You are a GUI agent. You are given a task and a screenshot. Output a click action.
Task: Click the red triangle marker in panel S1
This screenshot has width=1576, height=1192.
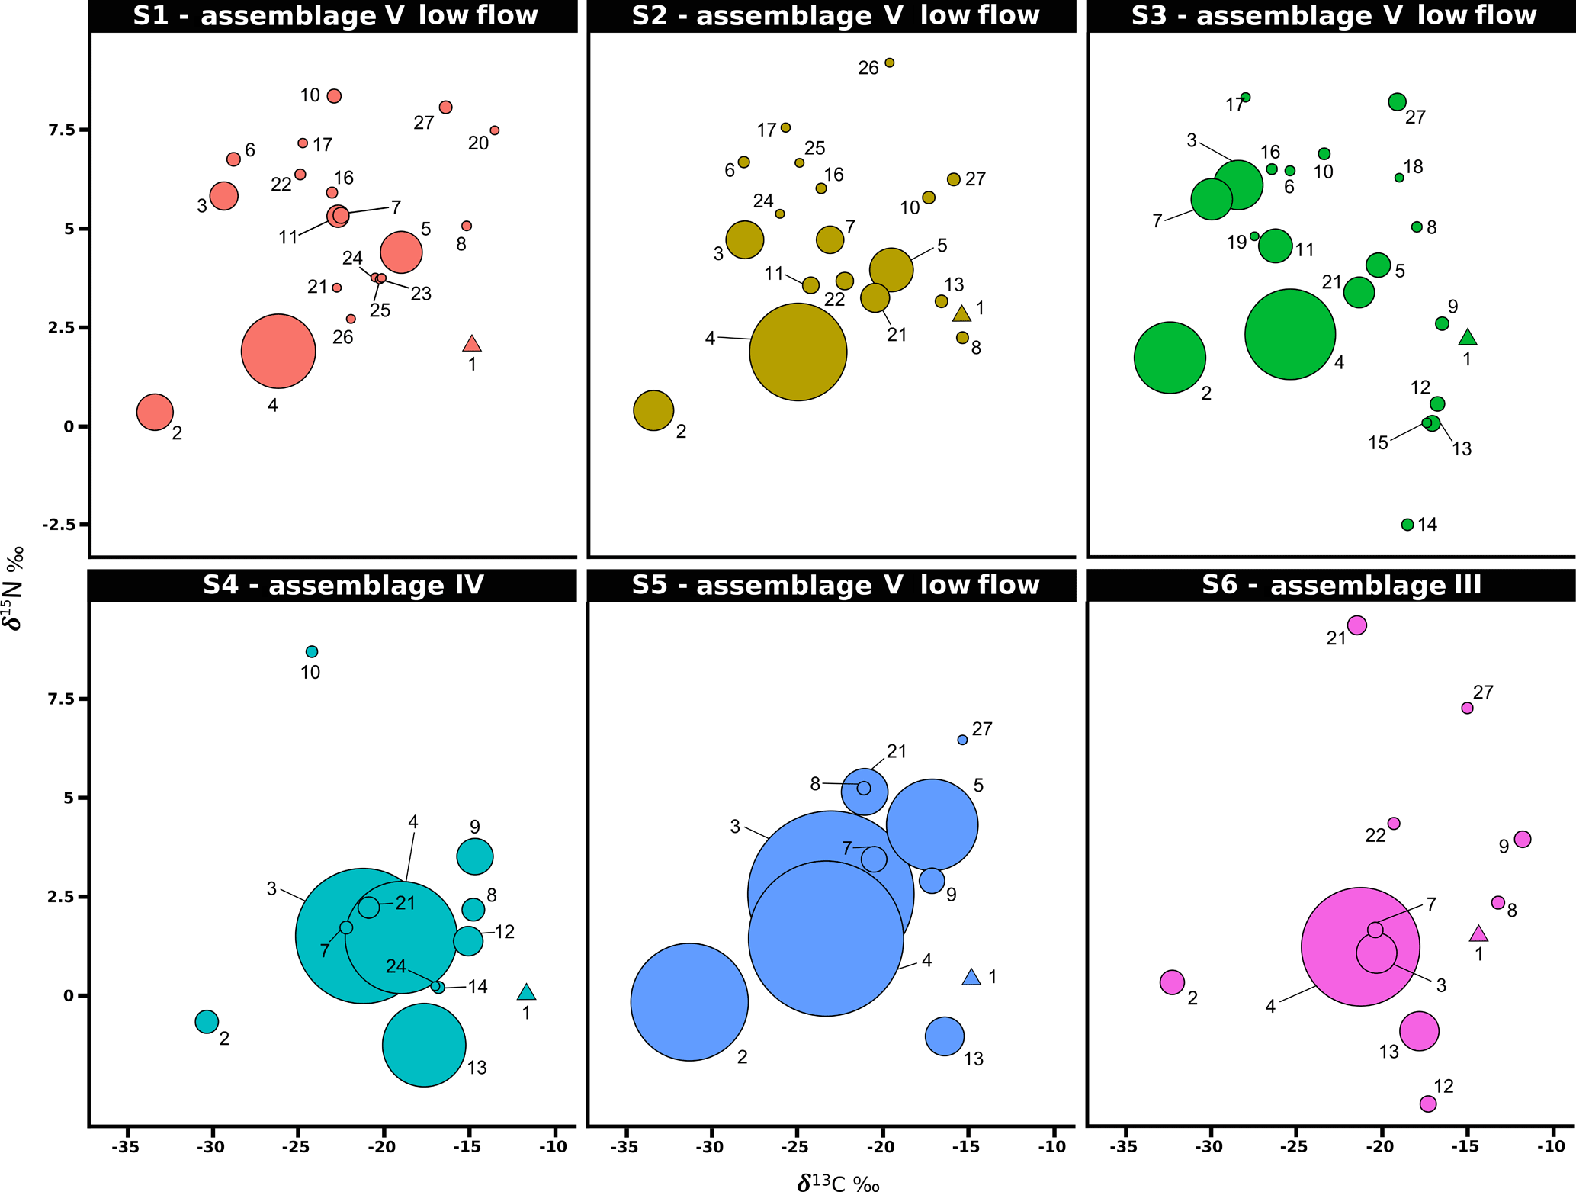tap(472, 345)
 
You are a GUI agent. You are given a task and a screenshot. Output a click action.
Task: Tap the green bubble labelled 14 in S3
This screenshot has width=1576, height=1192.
tap(1407, 525)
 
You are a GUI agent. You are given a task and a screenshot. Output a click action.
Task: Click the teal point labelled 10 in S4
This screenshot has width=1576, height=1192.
tap(312, 652)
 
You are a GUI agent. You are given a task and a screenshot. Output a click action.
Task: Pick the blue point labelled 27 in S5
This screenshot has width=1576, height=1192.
tap(962, 740)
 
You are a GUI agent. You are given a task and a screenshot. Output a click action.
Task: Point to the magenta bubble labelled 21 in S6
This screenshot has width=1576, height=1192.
tap(1356, 625)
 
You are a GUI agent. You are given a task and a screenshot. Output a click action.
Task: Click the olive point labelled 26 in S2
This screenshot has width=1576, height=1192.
tap(889, 63)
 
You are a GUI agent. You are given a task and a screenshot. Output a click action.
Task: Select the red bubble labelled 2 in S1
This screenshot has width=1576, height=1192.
tap(155, 412)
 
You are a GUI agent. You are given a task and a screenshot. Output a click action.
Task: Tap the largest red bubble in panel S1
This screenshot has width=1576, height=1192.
tap(278, 351)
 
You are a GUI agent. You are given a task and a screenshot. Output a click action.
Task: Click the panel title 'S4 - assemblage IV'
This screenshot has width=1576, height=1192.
tap(343, 586)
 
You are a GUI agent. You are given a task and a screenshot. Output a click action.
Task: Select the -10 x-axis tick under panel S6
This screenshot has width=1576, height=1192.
tap(1550, 1146)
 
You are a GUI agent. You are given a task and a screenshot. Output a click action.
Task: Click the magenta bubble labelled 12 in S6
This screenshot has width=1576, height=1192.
tap(1428, 1104)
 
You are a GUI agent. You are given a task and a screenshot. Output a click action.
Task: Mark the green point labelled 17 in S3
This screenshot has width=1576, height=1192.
tap(1245, 98)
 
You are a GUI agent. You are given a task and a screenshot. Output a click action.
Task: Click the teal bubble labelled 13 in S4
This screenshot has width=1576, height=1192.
tap(424, 1045)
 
